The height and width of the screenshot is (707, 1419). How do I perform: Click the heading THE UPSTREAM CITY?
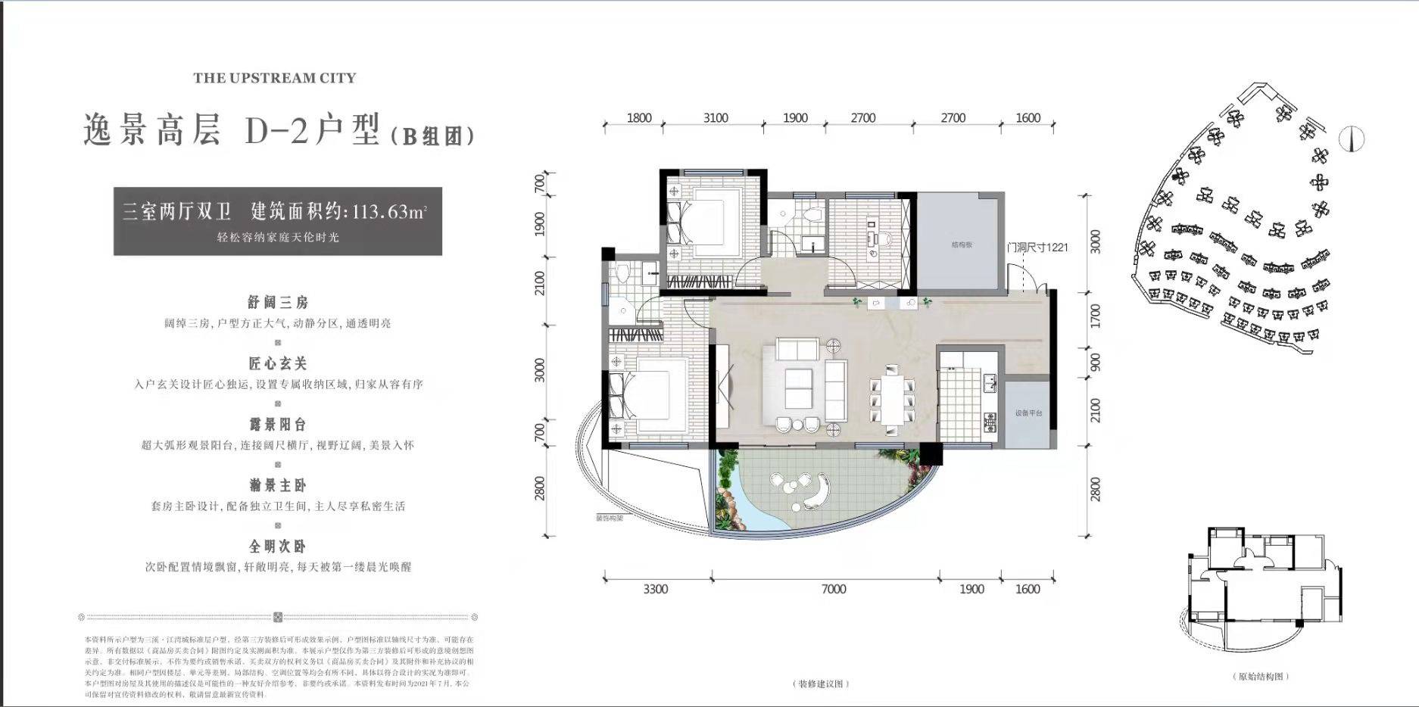274,78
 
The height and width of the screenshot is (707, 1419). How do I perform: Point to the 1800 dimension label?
639,118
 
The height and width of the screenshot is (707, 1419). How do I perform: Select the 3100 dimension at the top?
716,118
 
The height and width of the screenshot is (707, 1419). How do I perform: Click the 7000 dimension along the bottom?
834,589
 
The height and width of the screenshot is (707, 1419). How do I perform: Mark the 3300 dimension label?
656,589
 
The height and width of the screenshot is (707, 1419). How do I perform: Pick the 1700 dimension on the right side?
1095,316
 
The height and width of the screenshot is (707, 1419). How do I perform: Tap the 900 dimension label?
1095,362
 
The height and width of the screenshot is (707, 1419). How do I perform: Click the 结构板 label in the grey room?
962,245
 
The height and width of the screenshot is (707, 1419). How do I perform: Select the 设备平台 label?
1029,413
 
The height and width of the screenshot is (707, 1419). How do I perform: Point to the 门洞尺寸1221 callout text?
1037,248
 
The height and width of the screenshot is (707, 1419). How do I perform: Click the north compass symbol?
1352,139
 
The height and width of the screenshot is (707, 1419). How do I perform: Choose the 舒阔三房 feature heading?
278,303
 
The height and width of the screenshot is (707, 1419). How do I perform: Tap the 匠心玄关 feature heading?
278,364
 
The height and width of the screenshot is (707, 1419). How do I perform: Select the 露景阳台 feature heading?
278,425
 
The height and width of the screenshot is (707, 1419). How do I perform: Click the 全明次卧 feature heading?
278,547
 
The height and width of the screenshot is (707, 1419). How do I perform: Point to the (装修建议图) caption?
822,684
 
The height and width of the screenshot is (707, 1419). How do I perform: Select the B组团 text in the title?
432,136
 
